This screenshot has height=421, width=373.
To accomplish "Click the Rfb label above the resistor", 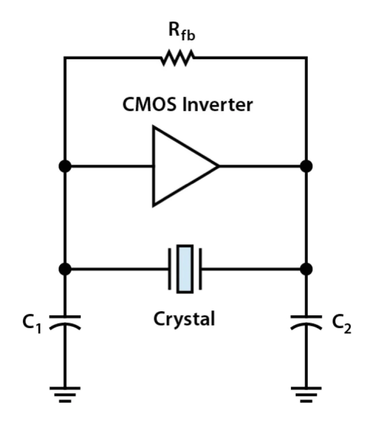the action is tap(182, 32).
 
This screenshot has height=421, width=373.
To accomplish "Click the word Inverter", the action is tap(217, 105).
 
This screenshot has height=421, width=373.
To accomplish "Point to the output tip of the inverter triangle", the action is tap(219, 166).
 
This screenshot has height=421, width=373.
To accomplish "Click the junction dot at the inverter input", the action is tap(65, 166).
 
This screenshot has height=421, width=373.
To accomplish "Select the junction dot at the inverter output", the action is tap(306, 166).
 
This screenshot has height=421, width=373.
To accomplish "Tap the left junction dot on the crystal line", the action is tap(65, 269).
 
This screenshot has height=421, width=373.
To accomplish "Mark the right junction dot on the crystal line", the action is tap(306, 269).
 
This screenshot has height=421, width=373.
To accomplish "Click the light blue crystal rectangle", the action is tap(185, 269).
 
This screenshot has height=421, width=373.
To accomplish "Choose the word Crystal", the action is tap(184, 319).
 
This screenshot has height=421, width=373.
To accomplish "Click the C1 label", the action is tap(32, 324).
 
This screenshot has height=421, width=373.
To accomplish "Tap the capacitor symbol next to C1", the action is tap(65, 322).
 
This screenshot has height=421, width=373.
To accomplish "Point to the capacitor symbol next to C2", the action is tap(306, 322).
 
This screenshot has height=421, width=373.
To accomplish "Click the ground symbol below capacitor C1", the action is tap(65, 394).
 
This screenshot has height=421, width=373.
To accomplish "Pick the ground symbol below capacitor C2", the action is tap(306, 394).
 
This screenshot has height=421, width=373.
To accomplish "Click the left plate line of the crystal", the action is tap(169, 269).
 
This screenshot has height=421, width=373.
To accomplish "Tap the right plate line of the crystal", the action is tap(200, 269).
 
